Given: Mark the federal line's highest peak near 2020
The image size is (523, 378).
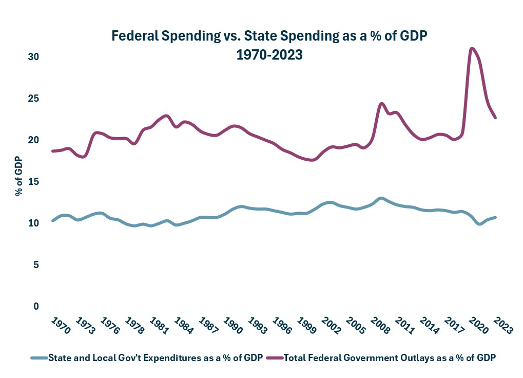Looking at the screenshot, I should [472, 49].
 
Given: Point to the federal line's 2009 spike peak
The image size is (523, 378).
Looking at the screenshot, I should [381, 104].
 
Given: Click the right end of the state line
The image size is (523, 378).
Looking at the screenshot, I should [495, 217].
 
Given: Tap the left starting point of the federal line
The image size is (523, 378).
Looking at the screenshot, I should [53, 151].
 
